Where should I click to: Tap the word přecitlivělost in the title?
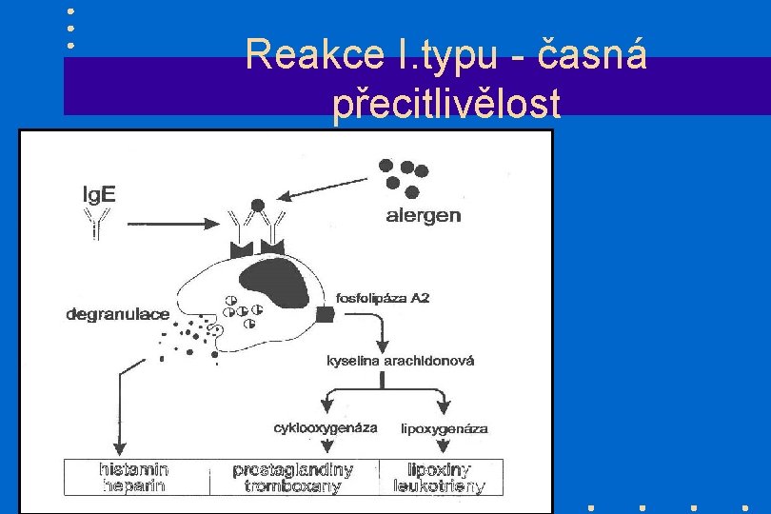pos(446,105)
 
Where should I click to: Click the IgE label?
pos(97,195)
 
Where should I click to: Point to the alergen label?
pos(424,215)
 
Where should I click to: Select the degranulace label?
pos(118,313)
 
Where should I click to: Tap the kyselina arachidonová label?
pos(400,361)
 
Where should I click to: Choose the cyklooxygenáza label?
pos(325,427)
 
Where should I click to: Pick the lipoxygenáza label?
pos(445,428)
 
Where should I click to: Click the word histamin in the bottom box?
pos(134,469)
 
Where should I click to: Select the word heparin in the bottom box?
pos(133,486)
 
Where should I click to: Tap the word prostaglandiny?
pos(292,469)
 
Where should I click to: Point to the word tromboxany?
pos(292,486)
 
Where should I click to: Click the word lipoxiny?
pos(440,469)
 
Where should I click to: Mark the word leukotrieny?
pos(440,486)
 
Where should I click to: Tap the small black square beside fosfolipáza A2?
pos(325,314)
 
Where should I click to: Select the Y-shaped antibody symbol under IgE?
pos(96,225)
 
